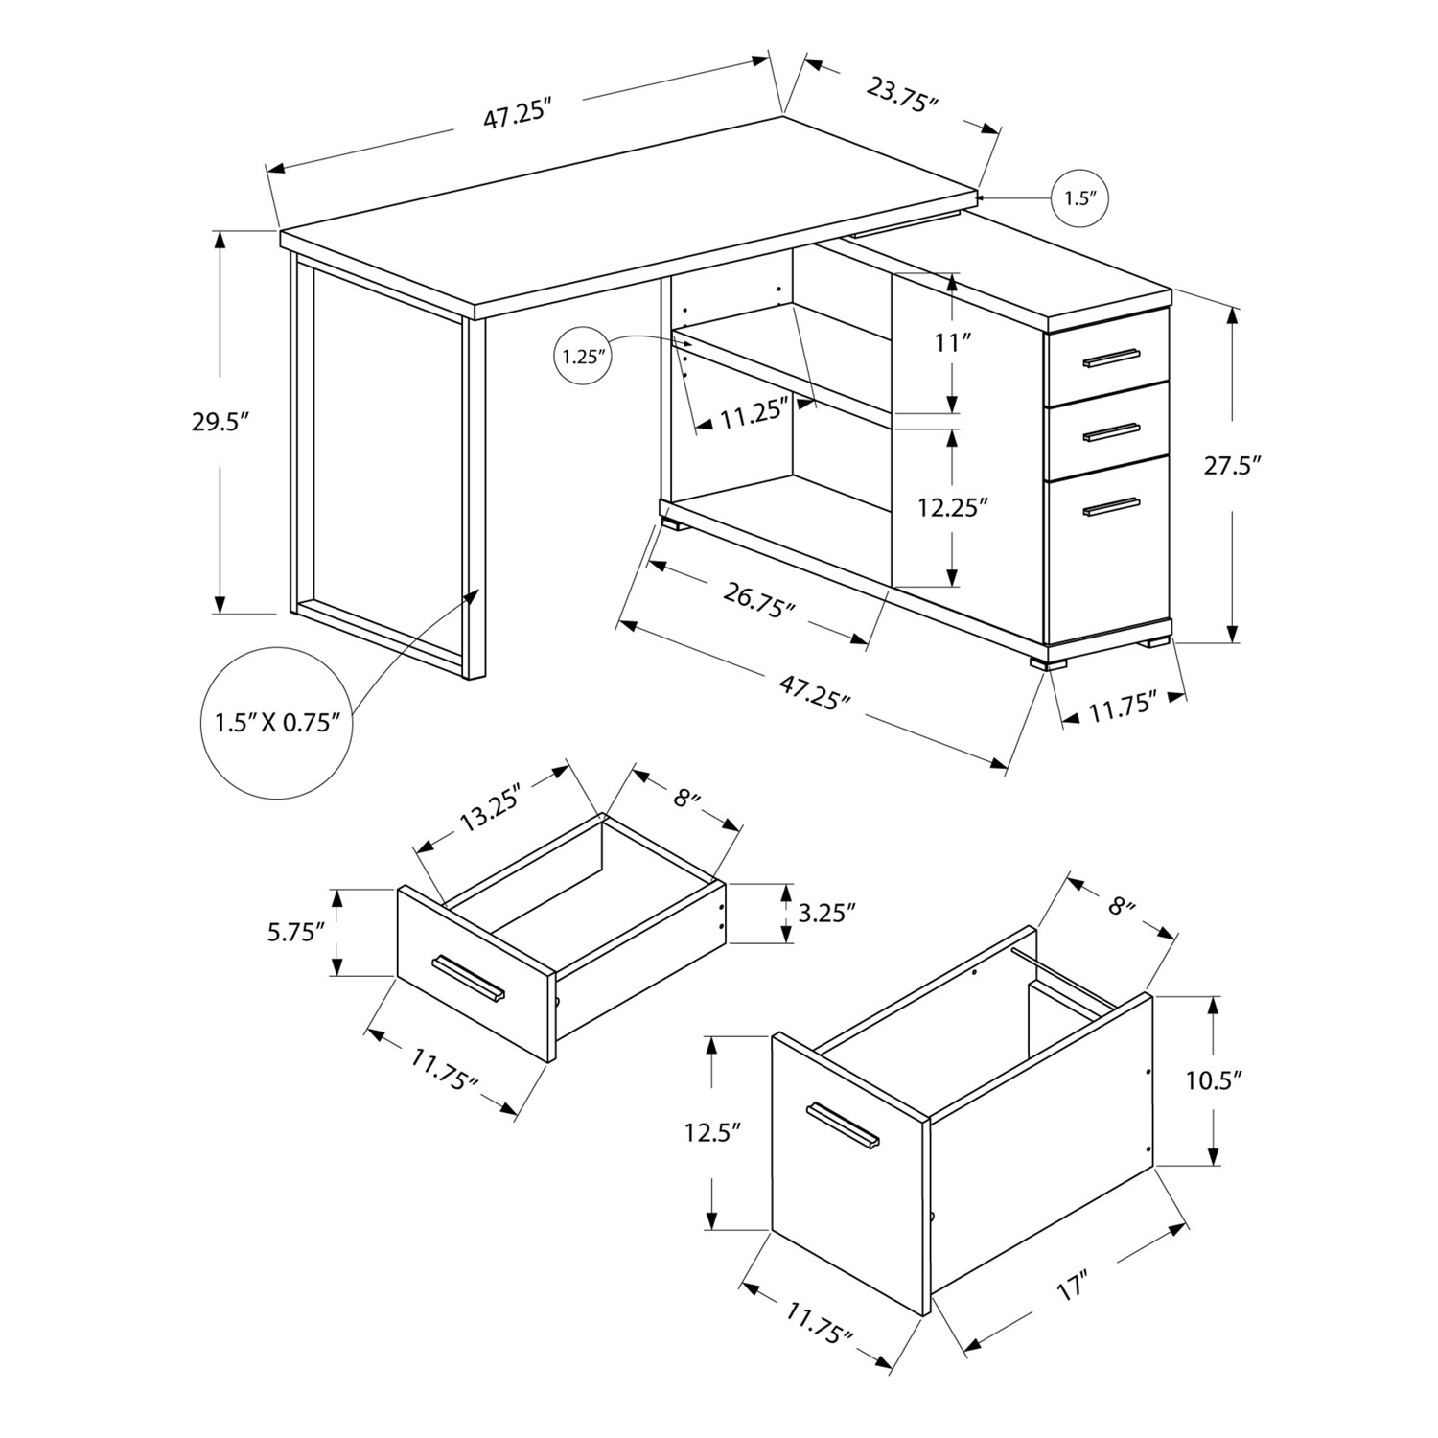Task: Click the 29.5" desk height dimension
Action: [x=220, y=423]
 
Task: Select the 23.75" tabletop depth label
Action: [x=901, y=96]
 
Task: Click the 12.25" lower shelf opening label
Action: [x=952, y=507]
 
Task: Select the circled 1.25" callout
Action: [x=582, y=357]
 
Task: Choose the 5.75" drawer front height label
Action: [x=297, y=932]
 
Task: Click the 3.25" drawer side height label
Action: [x=825, y=912]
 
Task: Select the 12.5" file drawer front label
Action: [x=714, y=1133]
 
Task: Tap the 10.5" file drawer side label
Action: [x=1214, y=1079]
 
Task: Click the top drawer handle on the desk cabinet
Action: [x=1111, y=359]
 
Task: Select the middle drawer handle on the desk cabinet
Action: [x=1111, y=432]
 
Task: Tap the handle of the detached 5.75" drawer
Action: [x=468, y=978]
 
